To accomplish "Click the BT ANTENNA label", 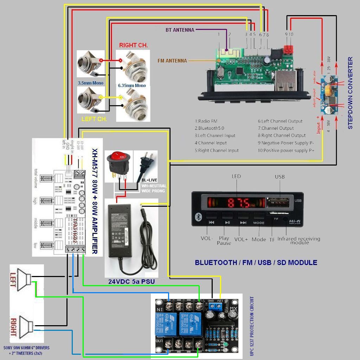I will (x=180, y=30).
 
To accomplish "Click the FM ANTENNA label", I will (x=172, y=61).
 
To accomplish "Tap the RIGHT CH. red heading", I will (x=133, y=45).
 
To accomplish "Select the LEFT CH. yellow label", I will (x=94, y=119).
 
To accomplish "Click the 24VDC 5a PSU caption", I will (x=131, y=282).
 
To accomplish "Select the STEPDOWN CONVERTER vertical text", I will (x=350, y=93).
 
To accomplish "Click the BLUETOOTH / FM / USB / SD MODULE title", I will (x=256, y=263).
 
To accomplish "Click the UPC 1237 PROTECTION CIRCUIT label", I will (x=252, y=326).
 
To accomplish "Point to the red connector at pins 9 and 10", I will (x=289, y=49).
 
